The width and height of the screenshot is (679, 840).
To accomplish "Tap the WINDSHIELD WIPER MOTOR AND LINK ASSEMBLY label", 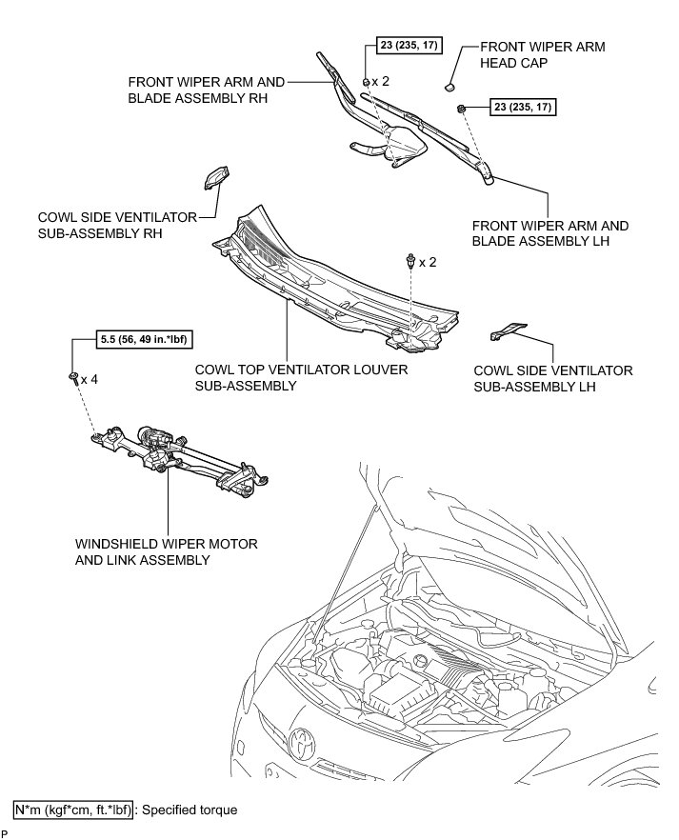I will click(x=166, y=551).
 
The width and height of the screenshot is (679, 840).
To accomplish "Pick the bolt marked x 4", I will click(x=73, y=378).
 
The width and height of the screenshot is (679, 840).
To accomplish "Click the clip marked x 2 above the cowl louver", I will click(x=409, y=260).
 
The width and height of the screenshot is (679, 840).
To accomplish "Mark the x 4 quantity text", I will click(x=90, y=379).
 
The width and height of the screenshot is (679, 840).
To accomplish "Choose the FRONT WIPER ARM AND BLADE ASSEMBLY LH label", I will click(x=550, y=234).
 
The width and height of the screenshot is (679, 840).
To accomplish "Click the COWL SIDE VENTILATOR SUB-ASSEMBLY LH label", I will click(x=553, y=378).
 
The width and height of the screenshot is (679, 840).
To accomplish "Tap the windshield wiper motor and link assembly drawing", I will click(x=181, y=455).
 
